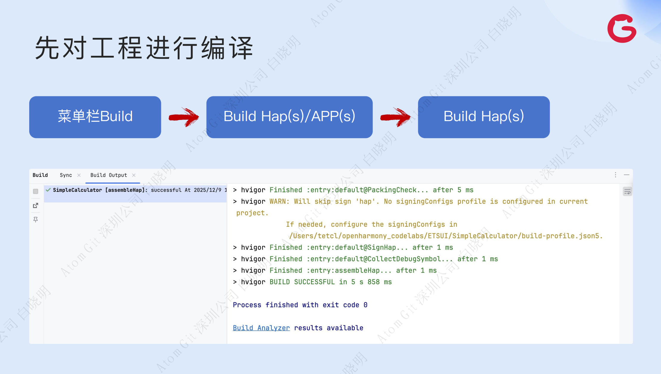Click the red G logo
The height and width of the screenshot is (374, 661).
[622, 29]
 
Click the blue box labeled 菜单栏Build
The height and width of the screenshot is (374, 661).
[95, 117]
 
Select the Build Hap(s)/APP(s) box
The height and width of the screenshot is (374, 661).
[289, 117]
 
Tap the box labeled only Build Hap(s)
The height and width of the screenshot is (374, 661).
[483, 117]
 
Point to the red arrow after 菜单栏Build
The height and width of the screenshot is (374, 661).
[184, 117]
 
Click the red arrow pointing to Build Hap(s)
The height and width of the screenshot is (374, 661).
[395, 117]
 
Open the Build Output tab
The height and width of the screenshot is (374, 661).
[109, 175]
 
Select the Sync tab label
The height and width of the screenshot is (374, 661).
[66, 175]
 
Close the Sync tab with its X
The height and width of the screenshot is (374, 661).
[79, 175]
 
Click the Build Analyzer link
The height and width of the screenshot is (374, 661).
[261, 328]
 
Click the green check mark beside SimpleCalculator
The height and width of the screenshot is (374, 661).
[48, 190]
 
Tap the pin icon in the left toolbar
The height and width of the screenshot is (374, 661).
[35, 220]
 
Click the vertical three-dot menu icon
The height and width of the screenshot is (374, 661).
[615, 175]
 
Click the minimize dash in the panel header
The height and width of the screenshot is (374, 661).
[627, 175]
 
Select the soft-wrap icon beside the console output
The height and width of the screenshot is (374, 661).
[627, 192]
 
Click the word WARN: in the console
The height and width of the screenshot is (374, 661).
[279, 202]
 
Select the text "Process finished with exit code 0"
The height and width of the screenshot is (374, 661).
[300, 305]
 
